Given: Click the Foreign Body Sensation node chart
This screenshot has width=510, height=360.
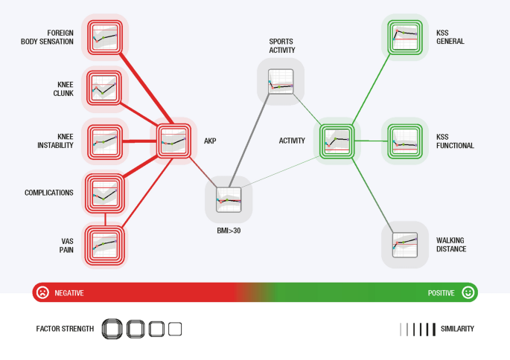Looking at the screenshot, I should tap(104, 36).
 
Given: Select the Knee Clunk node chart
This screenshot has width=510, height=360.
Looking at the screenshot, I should tap(104, 88).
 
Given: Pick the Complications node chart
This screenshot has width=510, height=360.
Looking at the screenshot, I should tap(104, 193).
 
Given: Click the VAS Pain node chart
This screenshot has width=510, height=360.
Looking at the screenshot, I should tap(104, 244).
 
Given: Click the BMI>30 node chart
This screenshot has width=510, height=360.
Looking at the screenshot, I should tap(229, 199).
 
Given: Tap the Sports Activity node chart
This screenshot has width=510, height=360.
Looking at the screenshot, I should tap(281, 81).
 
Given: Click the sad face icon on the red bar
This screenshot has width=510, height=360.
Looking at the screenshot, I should tap(43, 292).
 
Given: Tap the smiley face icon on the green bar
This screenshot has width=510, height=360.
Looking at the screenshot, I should tap(467, 292).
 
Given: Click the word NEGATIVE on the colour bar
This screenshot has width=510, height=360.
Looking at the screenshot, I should tap(69, 293).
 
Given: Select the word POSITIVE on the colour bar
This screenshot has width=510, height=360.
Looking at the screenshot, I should tap(441, 293).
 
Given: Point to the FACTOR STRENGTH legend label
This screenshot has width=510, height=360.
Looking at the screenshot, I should tap(65, 328).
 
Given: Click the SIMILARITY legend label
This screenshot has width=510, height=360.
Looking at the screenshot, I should tap(457, 328).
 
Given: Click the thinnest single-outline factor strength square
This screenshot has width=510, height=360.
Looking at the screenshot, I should tap(175, 328).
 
